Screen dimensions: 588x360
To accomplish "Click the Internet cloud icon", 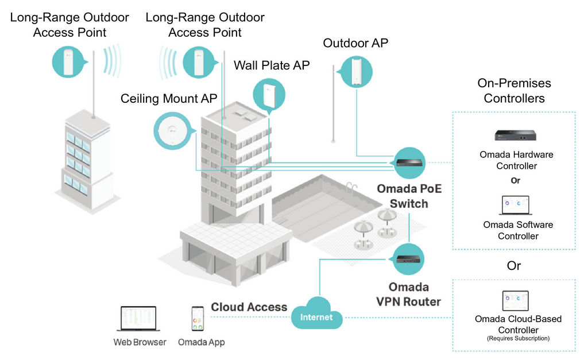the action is click(x=317, y=313).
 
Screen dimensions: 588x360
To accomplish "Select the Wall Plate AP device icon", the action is click(x=269, y=95).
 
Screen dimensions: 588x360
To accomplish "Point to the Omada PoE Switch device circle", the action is click(x=409, y=162).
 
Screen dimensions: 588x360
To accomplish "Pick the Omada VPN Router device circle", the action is click(x=408, y=259).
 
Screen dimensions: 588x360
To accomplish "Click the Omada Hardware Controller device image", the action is click(x=515, y=135).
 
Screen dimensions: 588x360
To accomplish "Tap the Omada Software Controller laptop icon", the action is click(x=516, y=205).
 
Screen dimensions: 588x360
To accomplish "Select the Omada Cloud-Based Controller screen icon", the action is click(x=516, y=301).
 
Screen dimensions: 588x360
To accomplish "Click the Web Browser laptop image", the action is click(x=138, y=319).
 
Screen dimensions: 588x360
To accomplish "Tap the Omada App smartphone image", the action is click(x=198, y=319).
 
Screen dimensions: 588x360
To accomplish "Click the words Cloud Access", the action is click(x=249, y=307).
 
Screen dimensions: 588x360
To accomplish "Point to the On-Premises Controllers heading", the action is click(x=514, y=91).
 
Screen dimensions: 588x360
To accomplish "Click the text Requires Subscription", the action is click(x=519, y=338).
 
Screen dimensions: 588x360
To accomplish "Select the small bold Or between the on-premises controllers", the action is click(x=516, y=181).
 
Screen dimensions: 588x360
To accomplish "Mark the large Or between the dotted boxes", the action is click(x=514, y=266).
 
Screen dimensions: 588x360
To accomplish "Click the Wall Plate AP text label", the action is click(x=272, y=65).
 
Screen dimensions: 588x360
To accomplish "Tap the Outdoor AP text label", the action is click(x=355, y=43).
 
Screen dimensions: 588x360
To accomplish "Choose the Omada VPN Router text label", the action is click(x=409, y=295).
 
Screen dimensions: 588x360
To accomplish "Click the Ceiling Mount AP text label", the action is click(x=169, y=99).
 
